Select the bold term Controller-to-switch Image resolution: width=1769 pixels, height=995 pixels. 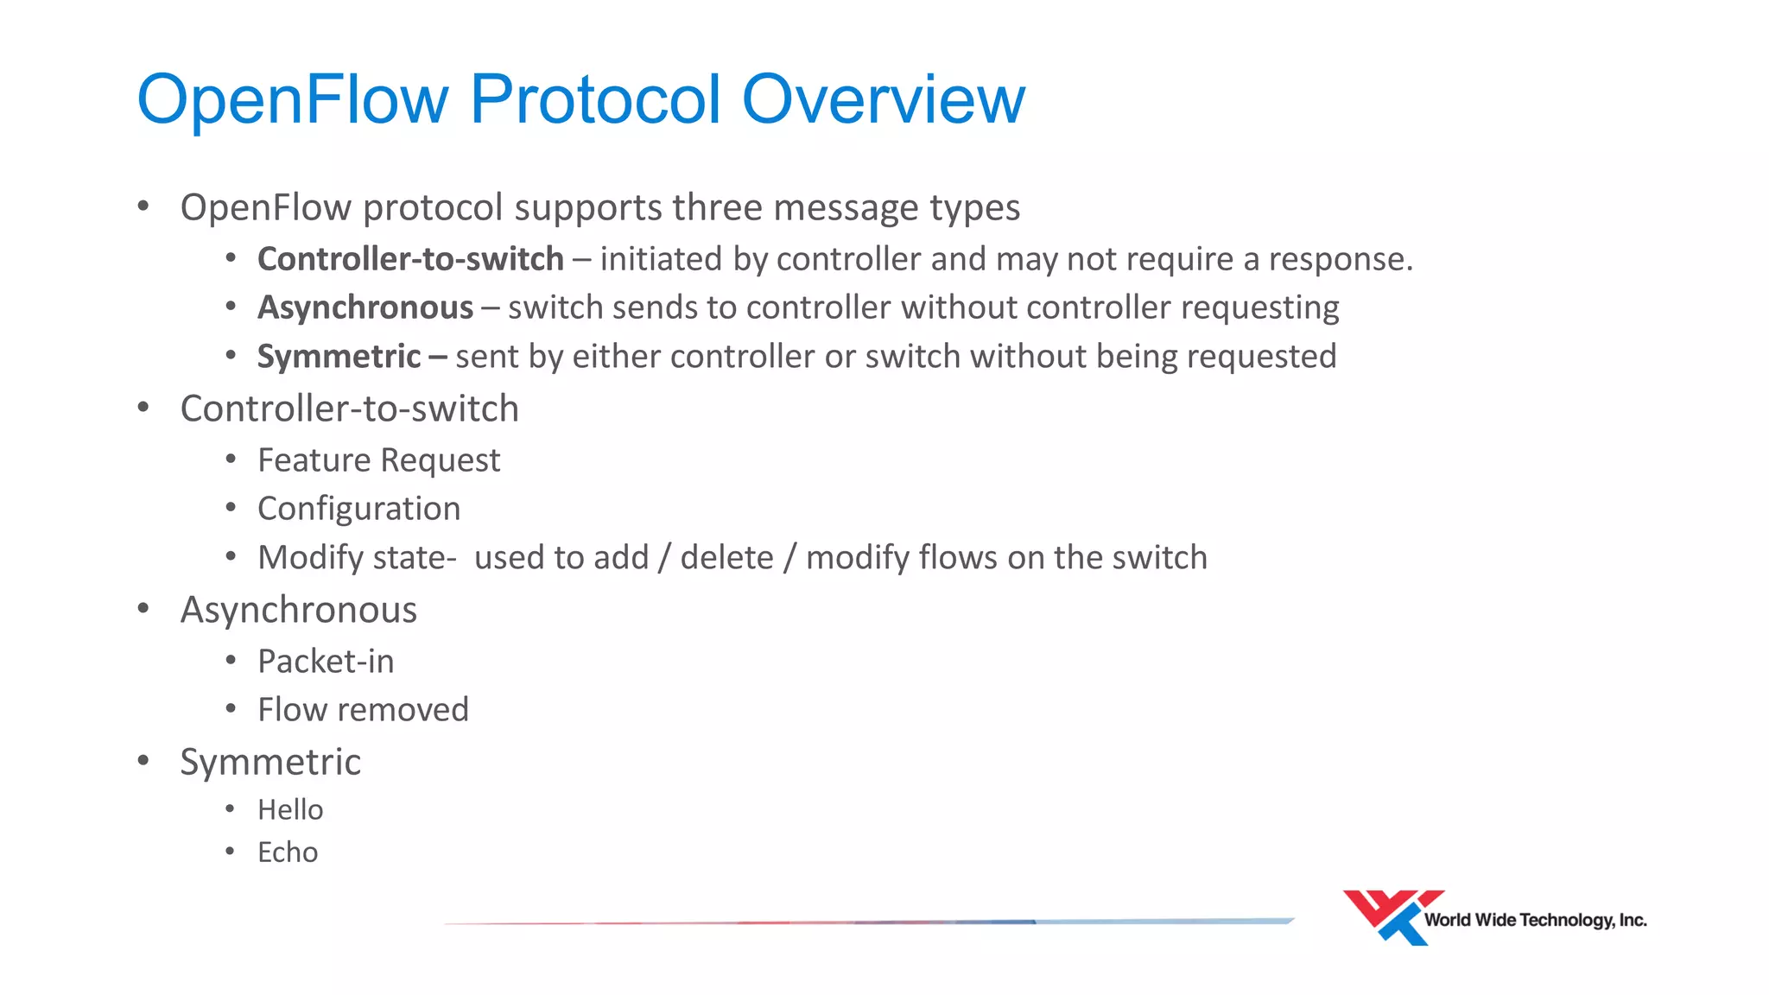(410, 259)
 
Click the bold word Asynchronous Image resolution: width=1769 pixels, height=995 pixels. (365, 307)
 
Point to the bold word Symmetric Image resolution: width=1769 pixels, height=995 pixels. (339, 357)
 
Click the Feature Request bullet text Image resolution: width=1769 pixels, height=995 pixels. (378, 460)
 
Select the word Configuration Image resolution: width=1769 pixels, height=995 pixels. (358, 509)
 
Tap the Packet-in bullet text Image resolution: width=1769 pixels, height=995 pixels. (326, 662)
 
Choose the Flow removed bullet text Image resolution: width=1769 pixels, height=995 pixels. (363, 710)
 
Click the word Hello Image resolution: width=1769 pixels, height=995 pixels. (290, 810)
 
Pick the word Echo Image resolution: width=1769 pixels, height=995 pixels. (288, 852)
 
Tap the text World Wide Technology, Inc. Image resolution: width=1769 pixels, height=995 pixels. (1535, 920)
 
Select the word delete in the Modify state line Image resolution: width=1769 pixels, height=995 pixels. (726, 558)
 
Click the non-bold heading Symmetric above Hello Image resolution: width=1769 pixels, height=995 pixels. (270, 762)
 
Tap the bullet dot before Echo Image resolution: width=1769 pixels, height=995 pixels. (230, 852)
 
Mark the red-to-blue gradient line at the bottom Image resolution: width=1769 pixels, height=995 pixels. (868, 922)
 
